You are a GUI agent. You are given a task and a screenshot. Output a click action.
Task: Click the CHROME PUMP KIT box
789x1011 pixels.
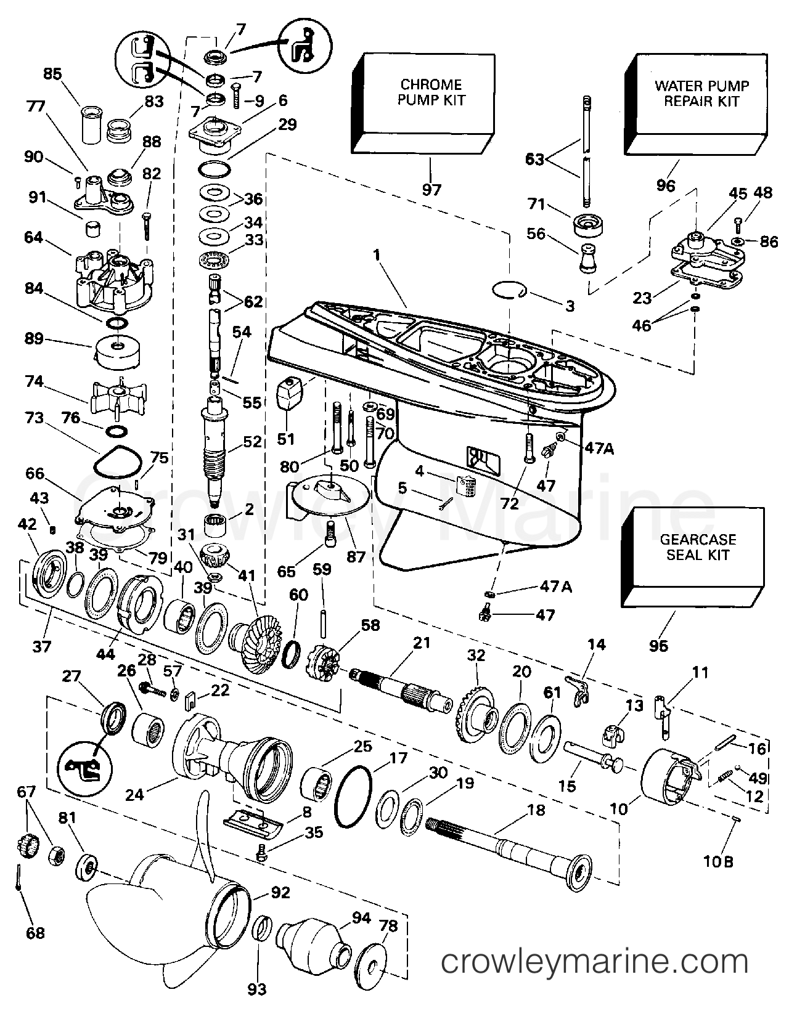pyautogui.click(x=423, y=104)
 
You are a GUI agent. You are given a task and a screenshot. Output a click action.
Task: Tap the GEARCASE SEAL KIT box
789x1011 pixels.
pyautogui.click(x=693, y=557)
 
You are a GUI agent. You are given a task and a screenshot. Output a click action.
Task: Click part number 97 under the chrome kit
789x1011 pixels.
pyautogui.click(x=431, y=189)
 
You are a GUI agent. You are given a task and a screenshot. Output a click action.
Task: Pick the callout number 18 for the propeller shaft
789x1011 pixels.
pyautogui.click(x=537, y=810)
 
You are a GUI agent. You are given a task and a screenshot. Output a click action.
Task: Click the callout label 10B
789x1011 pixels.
pyautogui.click(x=718, y=862)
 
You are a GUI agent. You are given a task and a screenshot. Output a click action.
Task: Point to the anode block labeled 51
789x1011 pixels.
pyautogui.click(x=290, y=393)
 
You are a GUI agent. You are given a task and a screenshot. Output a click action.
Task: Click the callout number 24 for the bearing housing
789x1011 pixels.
pyautogui.click(x=134, y=795)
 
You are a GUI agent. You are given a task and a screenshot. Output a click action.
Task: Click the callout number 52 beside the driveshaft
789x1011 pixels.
pyautogui.click(x=252, y=441)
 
